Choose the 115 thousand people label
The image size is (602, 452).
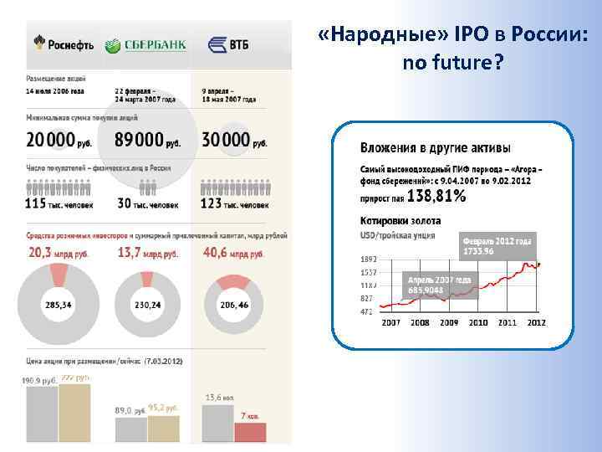[59, 203]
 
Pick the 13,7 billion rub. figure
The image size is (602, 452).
[148, 251]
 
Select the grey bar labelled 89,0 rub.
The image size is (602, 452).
[130, 429]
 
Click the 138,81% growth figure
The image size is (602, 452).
[438, 197]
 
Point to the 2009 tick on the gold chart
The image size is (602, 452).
[449, 322]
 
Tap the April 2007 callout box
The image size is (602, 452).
[440, 285]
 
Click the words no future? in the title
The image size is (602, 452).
[452, 62]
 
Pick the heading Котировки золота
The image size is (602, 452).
[400, 220]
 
